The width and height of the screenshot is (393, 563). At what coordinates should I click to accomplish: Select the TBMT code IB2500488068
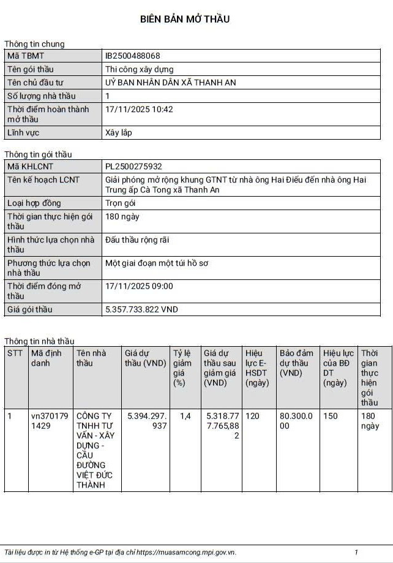133,56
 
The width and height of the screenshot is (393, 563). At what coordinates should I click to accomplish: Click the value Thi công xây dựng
140,69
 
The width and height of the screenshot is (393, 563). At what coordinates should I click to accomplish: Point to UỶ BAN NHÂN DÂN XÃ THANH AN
171,83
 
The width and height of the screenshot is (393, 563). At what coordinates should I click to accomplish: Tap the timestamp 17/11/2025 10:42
139,109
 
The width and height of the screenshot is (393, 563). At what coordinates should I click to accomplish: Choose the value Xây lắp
119,132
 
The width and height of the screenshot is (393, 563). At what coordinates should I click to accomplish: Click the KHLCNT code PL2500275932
134,166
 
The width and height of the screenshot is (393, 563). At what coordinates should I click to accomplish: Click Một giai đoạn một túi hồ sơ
157,263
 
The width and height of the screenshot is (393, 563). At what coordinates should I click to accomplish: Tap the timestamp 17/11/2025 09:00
139,286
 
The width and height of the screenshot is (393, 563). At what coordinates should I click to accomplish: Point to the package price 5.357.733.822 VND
141,309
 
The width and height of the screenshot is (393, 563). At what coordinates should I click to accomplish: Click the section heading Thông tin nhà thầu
39,341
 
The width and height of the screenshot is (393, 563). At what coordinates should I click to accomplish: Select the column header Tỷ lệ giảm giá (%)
182,368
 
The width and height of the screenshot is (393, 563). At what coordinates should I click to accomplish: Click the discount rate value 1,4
185,416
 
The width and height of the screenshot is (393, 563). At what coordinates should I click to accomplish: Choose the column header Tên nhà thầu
91,358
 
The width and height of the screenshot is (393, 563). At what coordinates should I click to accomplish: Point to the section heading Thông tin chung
34,43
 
